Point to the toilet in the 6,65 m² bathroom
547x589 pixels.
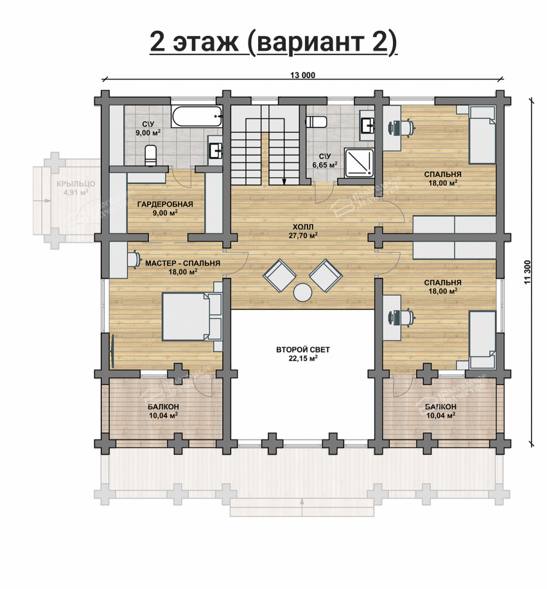(317, 122)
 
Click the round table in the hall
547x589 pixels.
(302, 293)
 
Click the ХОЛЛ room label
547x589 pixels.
(303, 226)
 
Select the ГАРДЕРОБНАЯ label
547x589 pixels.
(165, 204)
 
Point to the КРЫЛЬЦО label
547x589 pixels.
(76, 184)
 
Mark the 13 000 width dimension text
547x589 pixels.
(302, 75)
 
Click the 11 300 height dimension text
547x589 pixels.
(528, 271)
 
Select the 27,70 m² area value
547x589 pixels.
(303, 235)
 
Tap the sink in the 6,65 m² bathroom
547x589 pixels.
(368, 124)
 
